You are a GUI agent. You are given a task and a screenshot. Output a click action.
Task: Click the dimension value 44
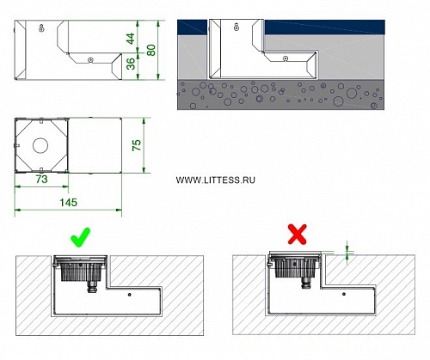click(x=131, y=39)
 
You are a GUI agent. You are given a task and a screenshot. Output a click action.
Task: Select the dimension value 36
click(x=131, y=64)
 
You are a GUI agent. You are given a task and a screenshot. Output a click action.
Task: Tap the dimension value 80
click(x=150, y=50)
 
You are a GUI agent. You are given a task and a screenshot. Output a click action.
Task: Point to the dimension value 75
click(x=137, y=145)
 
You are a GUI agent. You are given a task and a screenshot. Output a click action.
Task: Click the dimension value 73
click(x=41, y=180)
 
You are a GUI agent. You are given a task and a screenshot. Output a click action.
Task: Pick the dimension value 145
click(x=69, y=203)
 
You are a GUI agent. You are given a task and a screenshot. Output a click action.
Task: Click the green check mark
click(x=81, y=238)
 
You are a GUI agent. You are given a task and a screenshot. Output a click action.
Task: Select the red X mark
click(x=298, y=235)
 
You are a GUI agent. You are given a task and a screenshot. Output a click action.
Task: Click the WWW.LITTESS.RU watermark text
click(x=216, y=180)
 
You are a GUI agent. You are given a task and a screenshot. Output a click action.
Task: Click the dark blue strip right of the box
click(x=324, y=27)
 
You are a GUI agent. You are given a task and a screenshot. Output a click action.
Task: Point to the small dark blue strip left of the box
click(x=192, y=27)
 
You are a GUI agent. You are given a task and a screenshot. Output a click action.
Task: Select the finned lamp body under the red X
click(x=297, y=267)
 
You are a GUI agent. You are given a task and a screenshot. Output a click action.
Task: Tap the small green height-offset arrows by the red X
click(x=347, y=253)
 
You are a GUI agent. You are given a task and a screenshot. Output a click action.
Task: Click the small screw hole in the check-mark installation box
click(x=130, y=294)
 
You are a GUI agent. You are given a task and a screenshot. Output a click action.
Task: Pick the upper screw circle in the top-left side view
click(x=42, y=28)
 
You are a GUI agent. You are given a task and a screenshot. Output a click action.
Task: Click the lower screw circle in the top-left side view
click(x=90, y=59)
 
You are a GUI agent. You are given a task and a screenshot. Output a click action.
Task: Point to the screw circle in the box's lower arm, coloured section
click(x=286, y=58)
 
